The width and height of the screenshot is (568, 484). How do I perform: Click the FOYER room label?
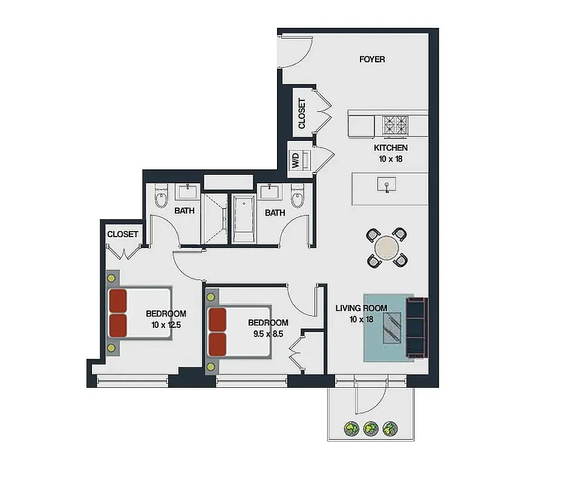[371, 59]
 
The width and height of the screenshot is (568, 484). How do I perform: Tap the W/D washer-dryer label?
[296, 160]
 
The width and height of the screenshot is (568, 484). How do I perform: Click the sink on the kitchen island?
[387, 184]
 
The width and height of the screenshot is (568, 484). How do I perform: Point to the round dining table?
[387, 247]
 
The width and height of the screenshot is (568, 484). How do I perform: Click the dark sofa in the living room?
[416, 327]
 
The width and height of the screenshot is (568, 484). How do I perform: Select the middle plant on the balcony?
[370, 429]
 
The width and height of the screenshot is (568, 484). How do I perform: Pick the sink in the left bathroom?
[187, 192]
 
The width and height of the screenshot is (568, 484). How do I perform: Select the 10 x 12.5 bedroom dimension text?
[166, 325]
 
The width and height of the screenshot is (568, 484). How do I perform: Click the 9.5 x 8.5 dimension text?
[268, 333]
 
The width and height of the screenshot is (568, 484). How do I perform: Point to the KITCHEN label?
[390, 148]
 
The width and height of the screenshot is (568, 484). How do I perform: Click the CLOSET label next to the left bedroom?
[123, 234]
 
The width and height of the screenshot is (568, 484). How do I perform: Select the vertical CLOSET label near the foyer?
[302, 113]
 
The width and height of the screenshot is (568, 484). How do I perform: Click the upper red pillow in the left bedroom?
[118, 300]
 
